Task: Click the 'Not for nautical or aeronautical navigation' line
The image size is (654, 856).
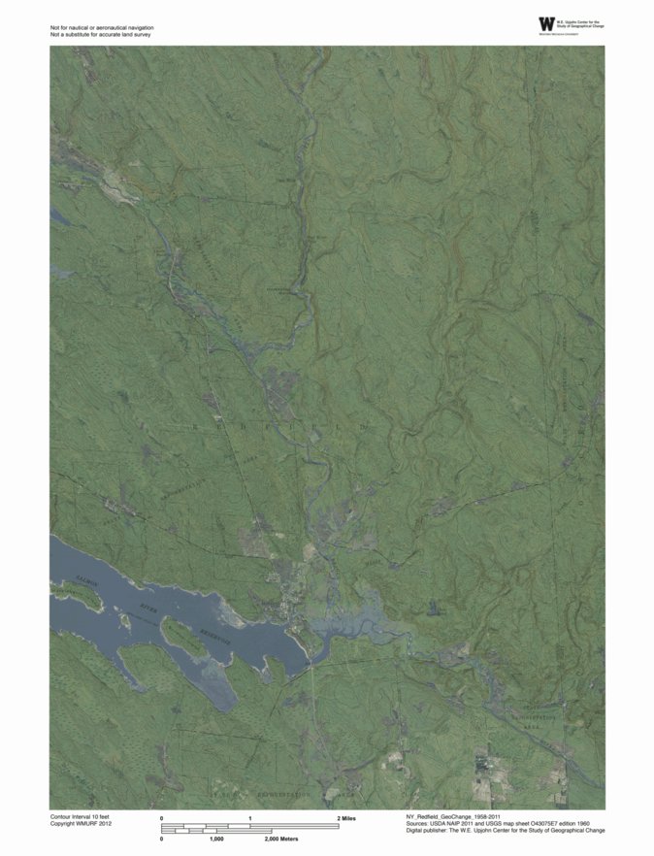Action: (x=102, y=28)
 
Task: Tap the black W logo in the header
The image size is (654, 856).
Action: (x=547, y=23)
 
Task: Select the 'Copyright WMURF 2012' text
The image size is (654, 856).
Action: (x=82, y=825)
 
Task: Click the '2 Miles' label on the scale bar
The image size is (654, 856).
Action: (x=345, y=819)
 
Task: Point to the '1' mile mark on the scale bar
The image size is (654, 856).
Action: (x=250, y=819)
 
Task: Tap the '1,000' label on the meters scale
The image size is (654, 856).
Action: (x=216, y=838)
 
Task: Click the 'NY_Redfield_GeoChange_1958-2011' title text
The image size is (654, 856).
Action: (x=454, y=818)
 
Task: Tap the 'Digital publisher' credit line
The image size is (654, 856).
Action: (x=506, y=832)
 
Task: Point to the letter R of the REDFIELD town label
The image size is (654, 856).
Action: (x=197, y=424)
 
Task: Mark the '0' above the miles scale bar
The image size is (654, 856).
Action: (x=162, y=819)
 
